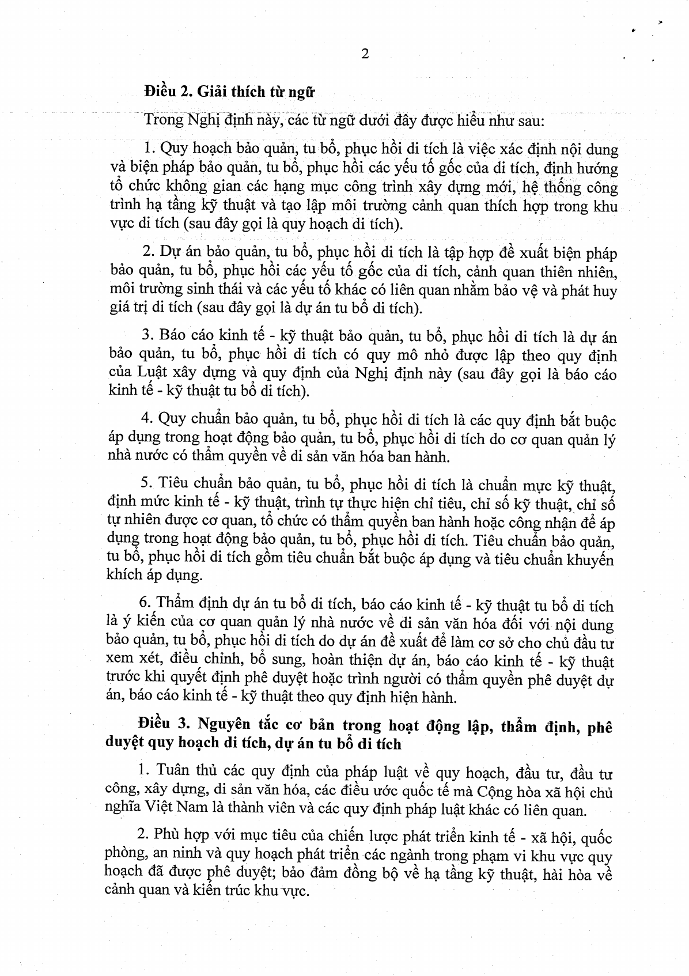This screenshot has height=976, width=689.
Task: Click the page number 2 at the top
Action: point(364,55)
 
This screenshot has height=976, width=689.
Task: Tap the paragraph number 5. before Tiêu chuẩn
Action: point(147,483)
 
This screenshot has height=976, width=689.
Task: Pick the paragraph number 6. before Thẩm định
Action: point(146,604)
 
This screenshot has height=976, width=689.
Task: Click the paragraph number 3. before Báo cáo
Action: point(146,336)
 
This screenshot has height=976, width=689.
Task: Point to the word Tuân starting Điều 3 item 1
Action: point(172,772)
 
